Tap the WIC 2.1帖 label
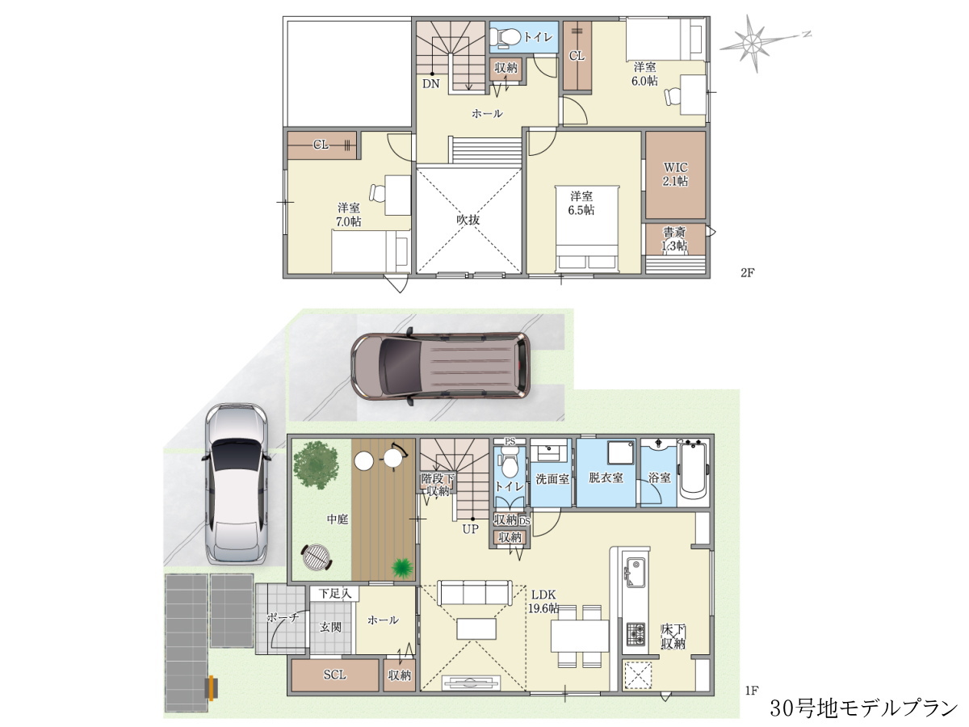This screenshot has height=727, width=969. (675, 174)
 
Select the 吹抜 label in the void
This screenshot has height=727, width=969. (468, 220)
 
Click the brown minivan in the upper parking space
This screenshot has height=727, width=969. (441, 366)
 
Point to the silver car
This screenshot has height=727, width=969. (237, 484)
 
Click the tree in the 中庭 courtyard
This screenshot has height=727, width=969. (316, 465)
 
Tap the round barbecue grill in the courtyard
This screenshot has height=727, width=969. (316, 557)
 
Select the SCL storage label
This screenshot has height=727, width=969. (335, 675)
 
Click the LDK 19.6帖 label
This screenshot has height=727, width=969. (543, 601)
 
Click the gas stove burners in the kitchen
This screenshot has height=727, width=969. (636, 634)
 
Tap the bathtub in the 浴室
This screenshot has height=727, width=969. (694, 473)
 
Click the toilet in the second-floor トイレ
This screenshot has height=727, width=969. (505, 36)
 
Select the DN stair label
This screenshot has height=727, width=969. (431, 83)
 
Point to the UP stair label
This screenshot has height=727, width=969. (470, 529)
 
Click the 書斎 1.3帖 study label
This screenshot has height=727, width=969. (674, 239)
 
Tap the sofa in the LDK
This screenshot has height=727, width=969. (475, 592)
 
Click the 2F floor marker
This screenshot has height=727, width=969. (748, 273)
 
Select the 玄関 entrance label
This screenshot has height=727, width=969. (330, 627)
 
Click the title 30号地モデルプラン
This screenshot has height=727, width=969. (864, 708)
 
